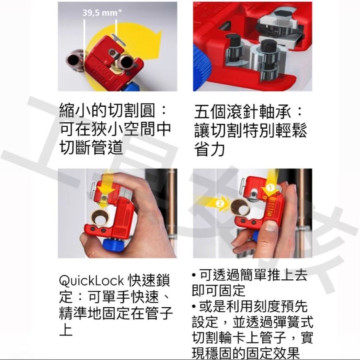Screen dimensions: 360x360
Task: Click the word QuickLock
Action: (x=91, y=281)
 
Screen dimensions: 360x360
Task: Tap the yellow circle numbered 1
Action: (x=271, y=188)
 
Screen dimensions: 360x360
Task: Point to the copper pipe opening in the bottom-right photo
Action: (x=240, y=207)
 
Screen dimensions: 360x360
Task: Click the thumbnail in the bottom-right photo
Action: (x=271, y=227)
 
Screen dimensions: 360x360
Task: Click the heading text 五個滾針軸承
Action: (x=244, y=112)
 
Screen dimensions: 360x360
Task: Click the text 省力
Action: (x=210, y=149)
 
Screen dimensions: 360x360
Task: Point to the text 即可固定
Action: (x=218, y=291)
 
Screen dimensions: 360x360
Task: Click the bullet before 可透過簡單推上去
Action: (x=194, y=275)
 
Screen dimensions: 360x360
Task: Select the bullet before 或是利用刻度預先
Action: (x=194, y=306)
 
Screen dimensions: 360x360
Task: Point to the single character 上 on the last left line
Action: (x=65, y=329)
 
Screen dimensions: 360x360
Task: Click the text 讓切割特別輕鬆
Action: (x=250, y=131)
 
